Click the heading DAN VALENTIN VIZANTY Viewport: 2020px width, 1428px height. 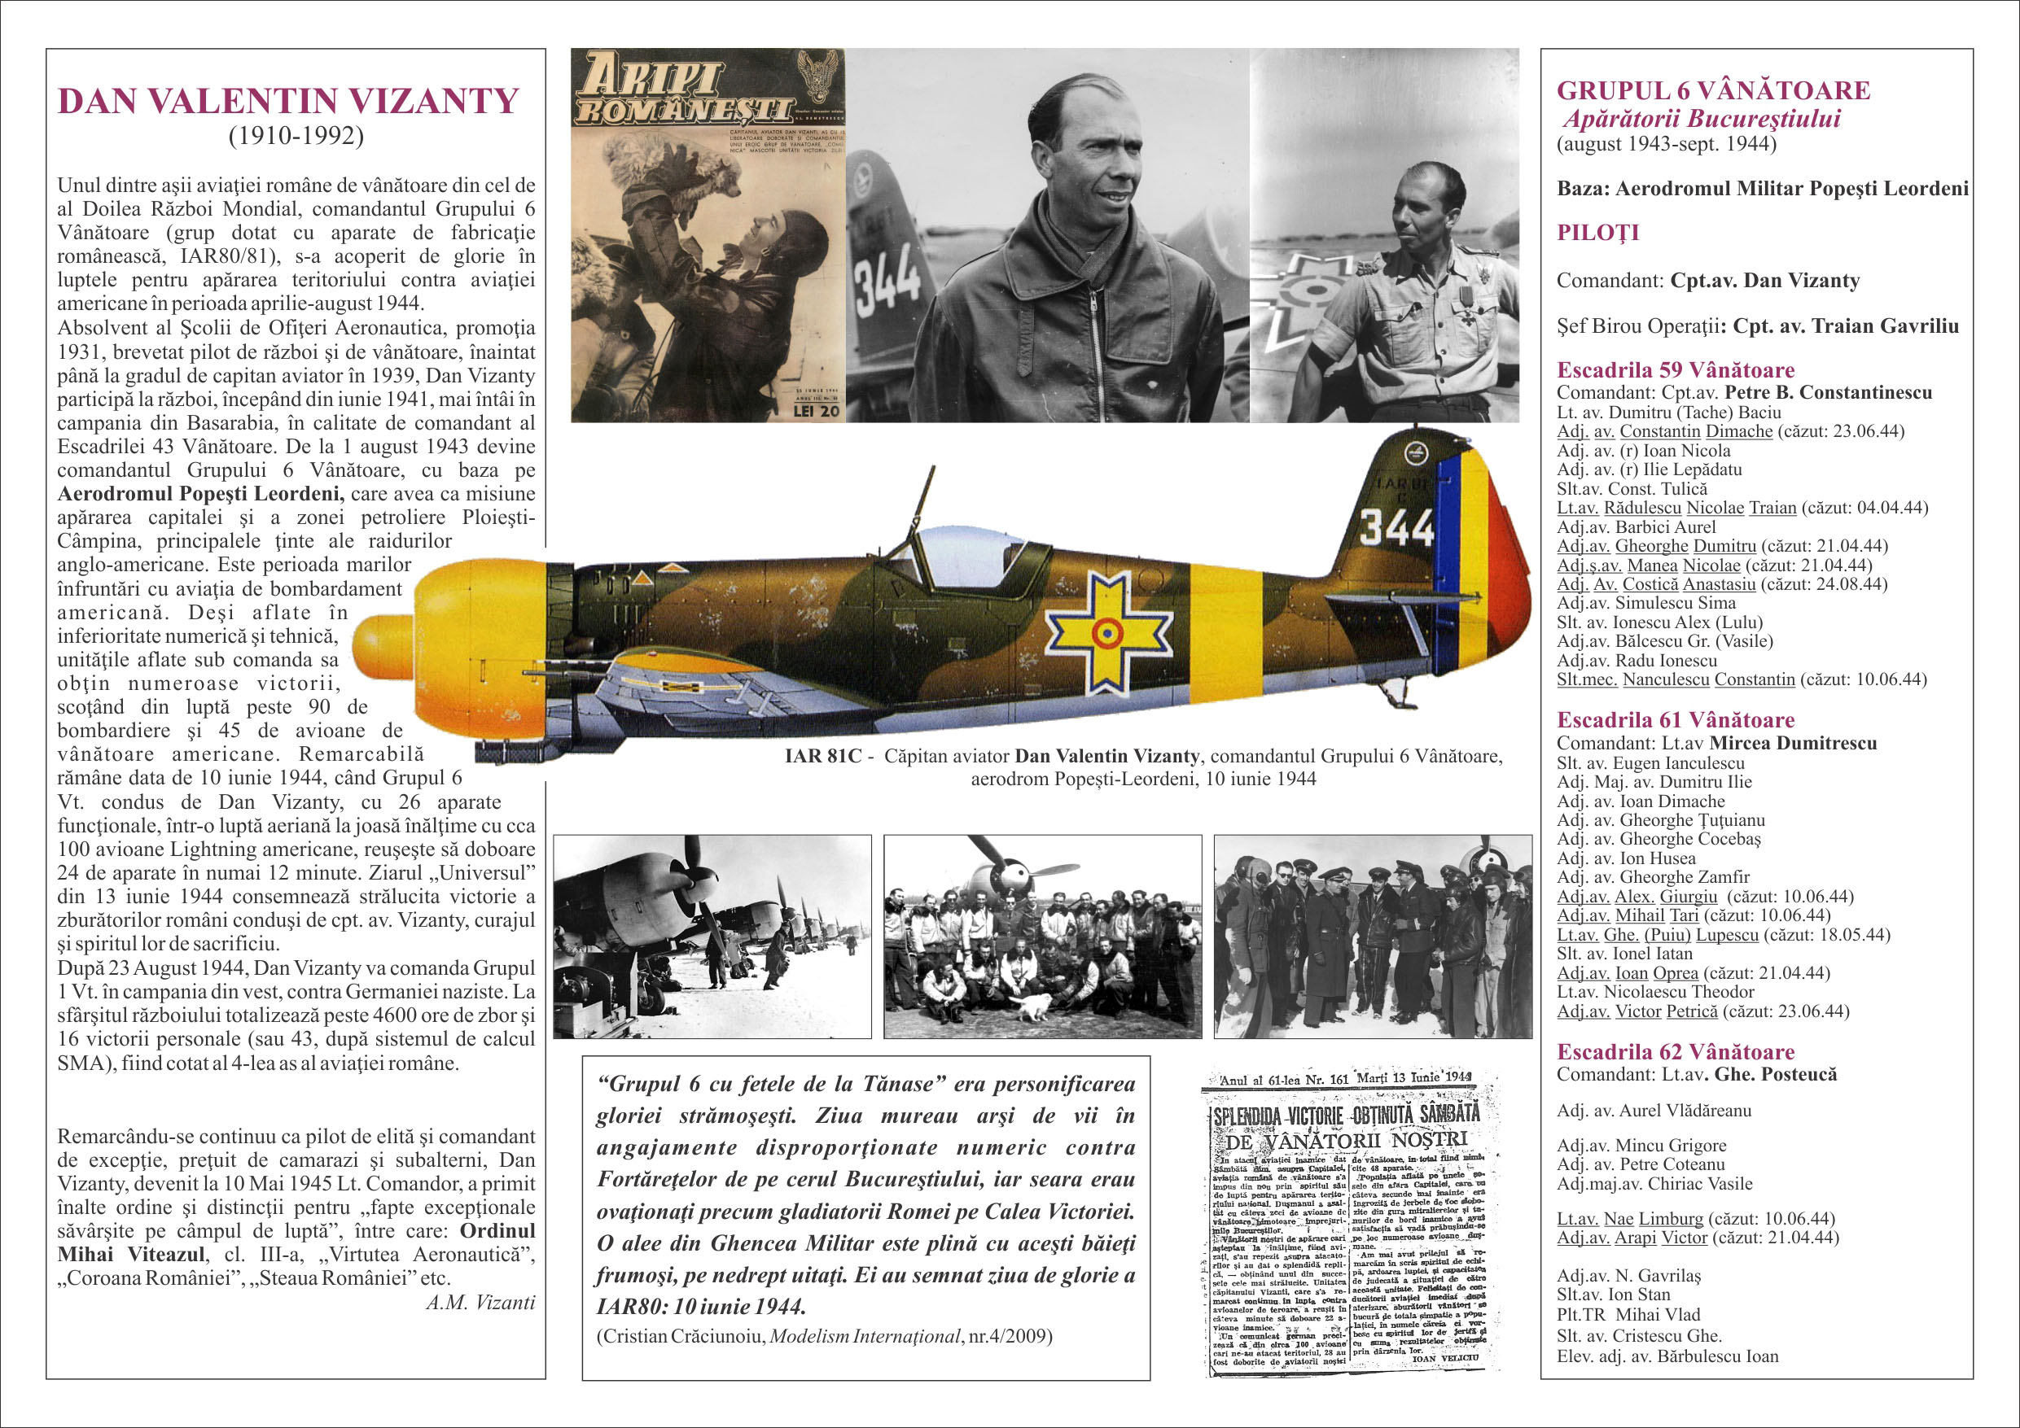(287, 101)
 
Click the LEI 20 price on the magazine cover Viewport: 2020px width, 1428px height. (816, 411)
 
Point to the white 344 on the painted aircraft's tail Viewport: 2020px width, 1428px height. (1396, 527)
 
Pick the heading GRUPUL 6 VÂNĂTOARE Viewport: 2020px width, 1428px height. (1713, 90)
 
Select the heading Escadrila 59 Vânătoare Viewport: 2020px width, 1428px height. (1675, 370)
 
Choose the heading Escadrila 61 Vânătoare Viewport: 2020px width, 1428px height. (1675, 720)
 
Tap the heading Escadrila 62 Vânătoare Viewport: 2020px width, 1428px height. (1675, 1051)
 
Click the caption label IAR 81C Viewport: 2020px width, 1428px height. (822, 756)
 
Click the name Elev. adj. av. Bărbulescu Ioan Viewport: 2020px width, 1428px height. (1667, 1356)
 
